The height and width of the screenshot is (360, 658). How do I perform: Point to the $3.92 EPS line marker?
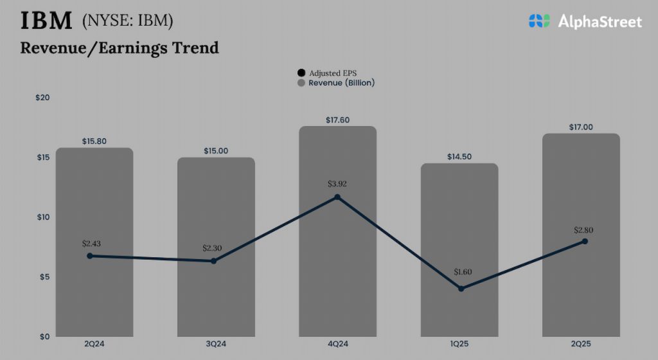(337, 197)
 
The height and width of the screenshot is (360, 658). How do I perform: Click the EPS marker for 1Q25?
(461, 289)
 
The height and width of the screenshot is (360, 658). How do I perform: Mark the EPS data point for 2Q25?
(584, 241)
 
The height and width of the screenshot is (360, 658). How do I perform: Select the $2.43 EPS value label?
(92, 244)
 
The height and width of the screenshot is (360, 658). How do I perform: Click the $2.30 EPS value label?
(213, 248)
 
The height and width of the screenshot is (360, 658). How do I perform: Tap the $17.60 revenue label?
(337, 120)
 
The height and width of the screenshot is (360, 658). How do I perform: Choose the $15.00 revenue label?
(216, 151)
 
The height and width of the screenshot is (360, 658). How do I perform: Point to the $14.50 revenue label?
(459, 157)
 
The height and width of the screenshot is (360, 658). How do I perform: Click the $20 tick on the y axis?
(42, 98)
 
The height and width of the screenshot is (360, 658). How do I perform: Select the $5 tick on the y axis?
(44, 277)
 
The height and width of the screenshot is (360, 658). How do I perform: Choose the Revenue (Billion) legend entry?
(335, 84)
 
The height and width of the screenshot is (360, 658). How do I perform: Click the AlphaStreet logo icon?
(540, 21)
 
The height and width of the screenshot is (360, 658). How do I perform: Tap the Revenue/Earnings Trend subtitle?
(120, 48)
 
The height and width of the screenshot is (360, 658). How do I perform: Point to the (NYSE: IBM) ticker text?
(128, 21)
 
